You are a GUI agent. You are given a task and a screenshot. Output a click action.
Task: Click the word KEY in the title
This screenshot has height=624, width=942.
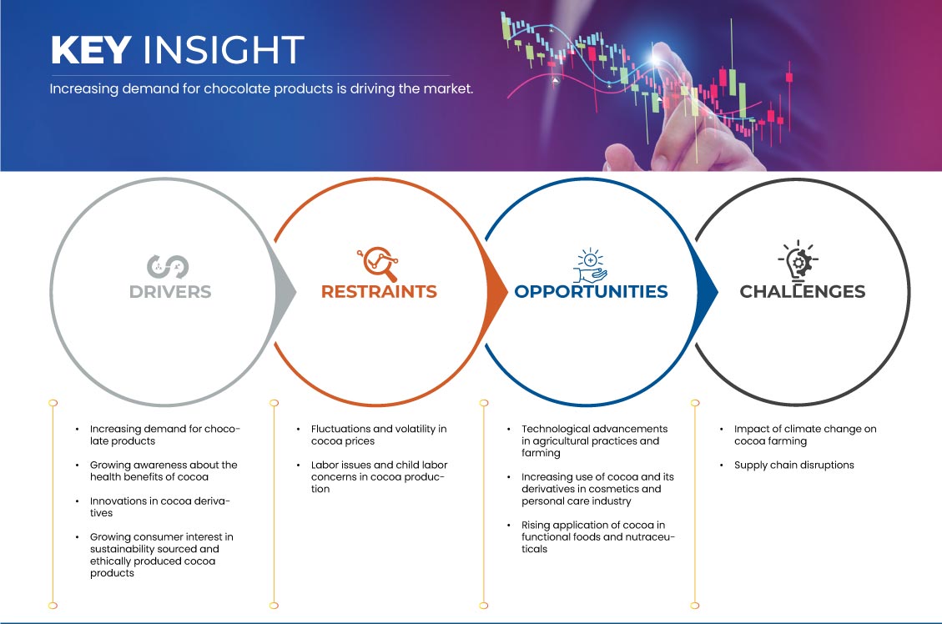coord(91,50)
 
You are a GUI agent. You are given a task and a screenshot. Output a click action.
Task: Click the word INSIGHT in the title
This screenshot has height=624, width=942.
coord(224,50)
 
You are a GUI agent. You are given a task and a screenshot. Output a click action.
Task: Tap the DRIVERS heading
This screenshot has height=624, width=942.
coord(170,292)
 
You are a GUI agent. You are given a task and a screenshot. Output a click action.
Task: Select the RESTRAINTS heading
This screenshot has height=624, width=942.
coord(379,291)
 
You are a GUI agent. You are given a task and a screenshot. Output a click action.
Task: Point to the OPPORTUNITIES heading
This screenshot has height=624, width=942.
coord(592,291)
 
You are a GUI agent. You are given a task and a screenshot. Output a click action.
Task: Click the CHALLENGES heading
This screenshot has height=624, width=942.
coord(803,291)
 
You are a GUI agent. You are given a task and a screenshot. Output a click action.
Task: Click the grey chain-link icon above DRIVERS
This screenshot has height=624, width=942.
coord(168,267)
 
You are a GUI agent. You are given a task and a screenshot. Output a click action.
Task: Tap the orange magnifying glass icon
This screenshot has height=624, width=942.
coord(378,263)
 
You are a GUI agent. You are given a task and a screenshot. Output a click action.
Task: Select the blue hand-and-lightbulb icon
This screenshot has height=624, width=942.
coord(590,264)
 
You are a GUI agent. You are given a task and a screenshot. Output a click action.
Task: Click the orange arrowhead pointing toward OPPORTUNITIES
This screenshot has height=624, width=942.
coord(496,293)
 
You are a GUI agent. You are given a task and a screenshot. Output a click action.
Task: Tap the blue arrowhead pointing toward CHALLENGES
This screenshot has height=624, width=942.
coord(707,293)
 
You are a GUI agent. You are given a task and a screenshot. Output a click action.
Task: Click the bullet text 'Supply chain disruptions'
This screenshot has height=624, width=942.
coord(793,465)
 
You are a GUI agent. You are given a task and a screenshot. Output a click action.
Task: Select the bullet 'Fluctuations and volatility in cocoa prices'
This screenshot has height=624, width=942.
coord(379,435)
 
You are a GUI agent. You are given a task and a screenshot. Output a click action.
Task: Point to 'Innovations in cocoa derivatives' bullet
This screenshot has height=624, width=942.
coord(160,507)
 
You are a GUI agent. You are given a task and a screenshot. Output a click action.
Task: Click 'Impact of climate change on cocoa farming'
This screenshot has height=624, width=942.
coord(805,435)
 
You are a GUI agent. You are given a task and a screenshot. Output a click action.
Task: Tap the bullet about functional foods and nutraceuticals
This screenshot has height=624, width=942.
coord(597,537)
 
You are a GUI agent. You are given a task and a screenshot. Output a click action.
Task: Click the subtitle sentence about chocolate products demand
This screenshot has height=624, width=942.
coord(261,89)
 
